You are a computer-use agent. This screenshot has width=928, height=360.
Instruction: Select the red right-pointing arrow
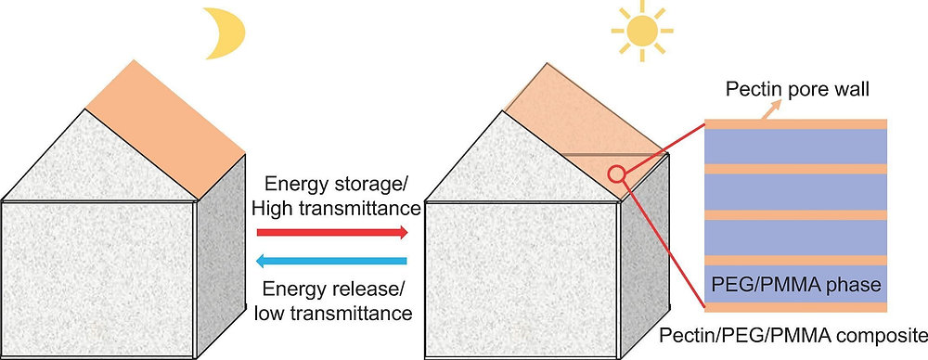click(331, 232)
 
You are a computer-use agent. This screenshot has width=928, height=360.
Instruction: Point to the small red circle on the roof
click(615, 173)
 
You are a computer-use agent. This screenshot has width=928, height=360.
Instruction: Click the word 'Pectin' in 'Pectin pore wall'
click(752, 91)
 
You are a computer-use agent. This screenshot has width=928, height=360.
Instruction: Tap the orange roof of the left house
click(167, 121)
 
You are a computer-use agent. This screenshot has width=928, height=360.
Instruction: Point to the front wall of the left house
click(97, 278)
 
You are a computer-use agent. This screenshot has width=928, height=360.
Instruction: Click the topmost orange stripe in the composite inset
click(796, 123)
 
